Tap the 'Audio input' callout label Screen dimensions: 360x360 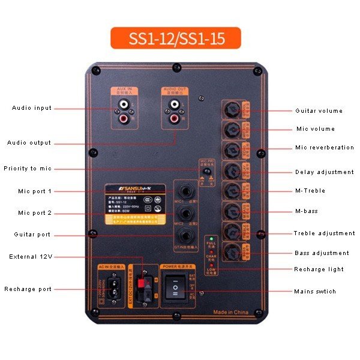coord(32,108)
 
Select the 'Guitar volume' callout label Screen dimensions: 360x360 coord(319,111)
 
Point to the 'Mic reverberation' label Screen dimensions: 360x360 coord(324,148)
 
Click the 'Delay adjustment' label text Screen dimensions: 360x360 coord(324,172)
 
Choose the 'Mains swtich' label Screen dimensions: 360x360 coord(315,292)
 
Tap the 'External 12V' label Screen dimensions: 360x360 coord(31,257)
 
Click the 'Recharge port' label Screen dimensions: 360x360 coord(28,289)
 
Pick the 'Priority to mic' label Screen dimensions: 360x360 coord(28,169)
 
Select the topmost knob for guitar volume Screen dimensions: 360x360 coord(232,110)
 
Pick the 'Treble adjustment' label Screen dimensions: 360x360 coord(324,233)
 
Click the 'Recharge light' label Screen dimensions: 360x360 coord(319,269)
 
